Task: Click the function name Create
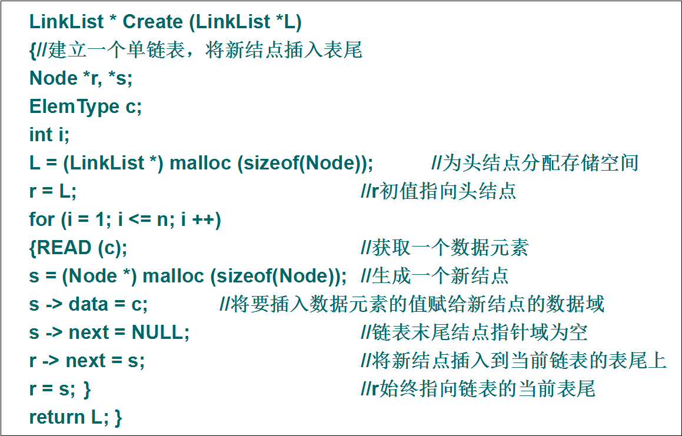coord(152,22)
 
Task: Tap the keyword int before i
coord(41,135)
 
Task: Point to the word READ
coord(64,248)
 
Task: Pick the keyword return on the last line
coord(56,417)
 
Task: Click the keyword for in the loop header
coord(42,219)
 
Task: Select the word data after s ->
coord(89,304)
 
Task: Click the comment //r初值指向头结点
coord(438,191)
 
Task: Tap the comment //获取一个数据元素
coord(444,248)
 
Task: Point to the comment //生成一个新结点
coord(434,276)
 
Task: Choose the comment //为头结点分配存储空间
coord(535,163)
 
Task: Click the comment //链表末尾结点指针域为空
coord(474,332)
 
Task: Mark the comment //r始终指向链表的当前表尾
coord(478,388)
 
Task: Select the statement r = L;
coord(52,191)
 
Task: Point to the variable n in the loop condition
coord(162,220)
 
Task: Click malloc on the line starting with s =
coord(173,276)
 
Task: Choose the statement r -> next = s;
coord(87,361)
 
